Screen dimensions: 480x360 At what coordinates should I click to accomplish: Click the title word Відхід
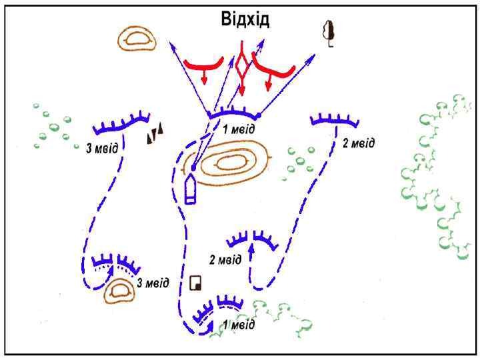click(x=245, y=19)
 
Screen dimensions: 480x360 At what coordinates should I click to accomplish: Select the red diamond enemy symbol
click(x=242, y=67)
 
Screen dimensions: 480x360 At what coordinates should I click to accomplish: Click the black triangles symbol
click(x=155, y=135)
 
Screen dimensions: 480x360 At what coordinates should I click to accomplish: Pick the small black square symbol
click(x=195, y=283)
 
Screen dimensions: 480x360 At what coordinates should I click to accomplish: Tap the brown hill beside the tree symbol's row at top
click(x=137, y=39)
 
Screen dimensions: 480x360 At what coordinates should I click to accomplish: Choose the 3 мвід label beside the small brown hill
click(x=153, y=283)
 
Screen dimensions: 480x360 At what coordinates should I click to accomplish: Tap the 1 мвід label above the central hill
click(x=239, y=129)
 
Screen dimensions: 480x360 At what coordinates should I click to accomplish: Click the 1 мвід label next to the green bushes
click(x=239, y=325)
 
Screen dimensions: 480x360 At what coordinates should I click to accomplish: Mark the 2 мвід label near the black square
click(x=225, y=259)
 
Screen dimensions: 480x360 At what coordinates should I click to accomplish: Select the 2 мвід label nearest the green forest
click(x=358, y=143)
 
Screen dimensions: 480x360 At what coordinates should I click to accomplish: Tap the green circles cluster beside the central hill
click(x=299, y=160)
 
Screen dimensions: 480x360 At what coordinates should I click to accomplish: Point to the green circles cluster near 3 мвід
click(x=53, y=127)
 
